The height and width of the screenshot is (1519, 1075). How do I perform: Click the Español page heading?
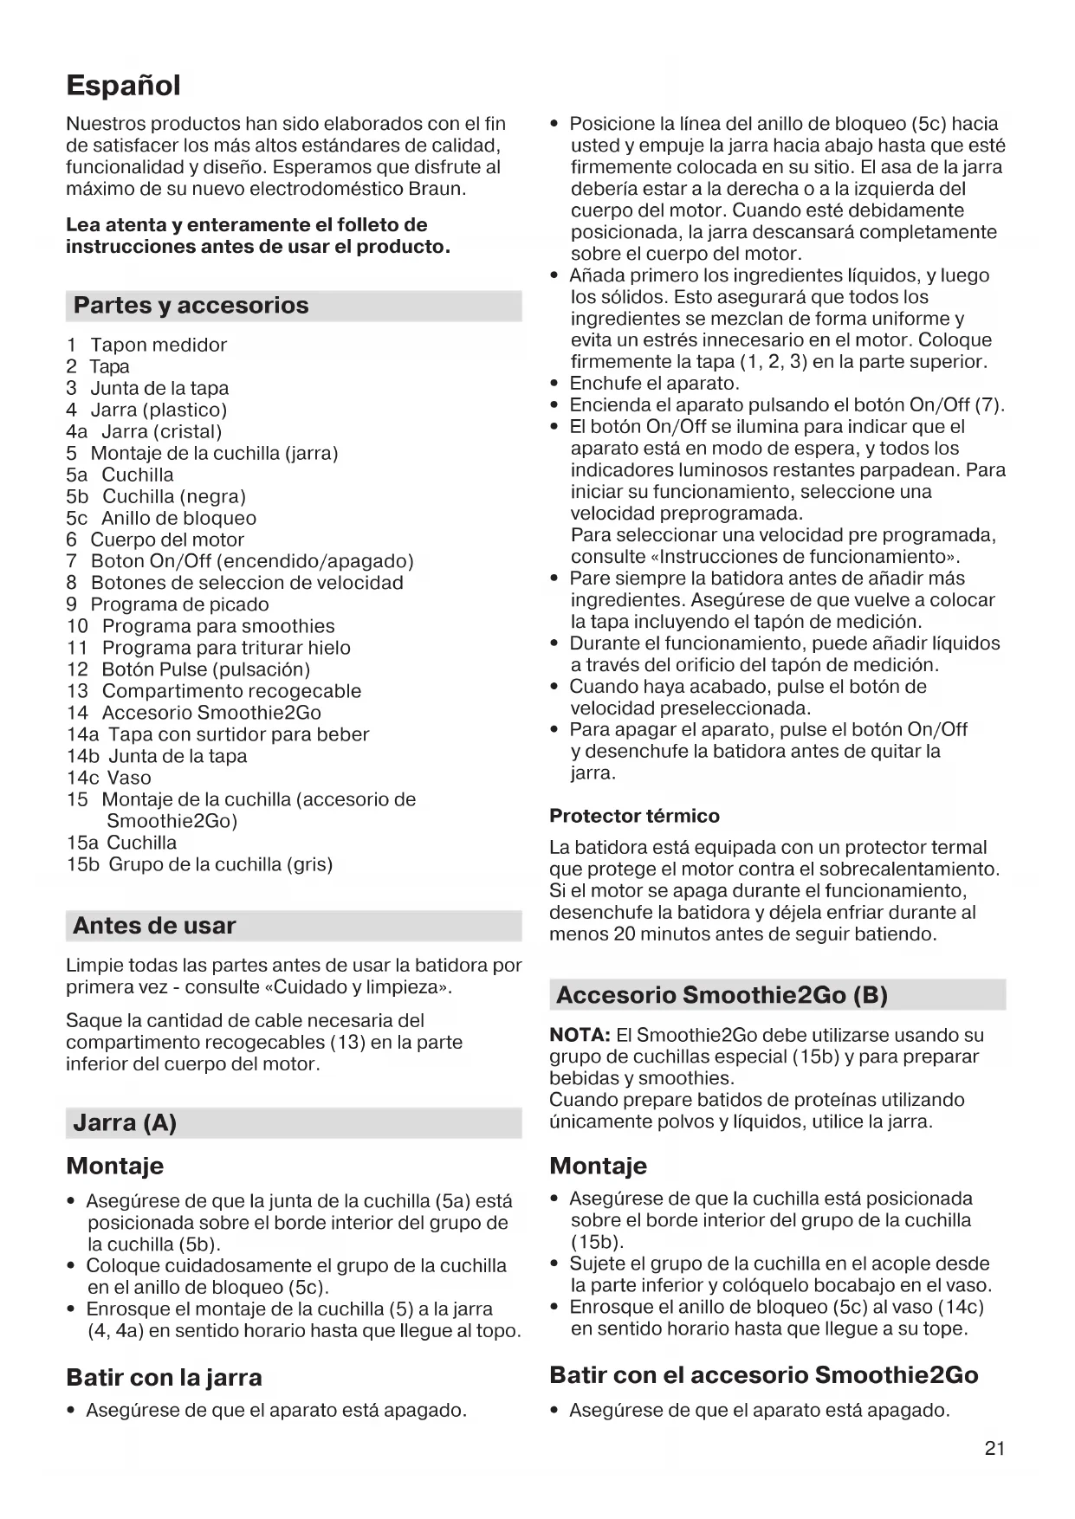pos(123,86)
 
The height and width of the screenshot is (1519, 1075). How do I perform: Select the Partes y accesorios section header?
pos(191,306)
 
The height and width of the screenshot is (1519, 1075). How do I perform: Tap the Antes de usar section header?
pos(154,926)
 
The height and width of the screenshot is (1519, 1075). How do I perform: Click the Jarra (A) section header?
pos(125,1123)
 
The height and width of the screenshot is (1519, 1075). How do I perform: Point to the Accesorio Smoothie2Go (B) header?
pos(722,995)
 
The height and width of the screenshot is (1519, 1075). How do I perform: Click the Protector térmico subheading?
pos(634,816)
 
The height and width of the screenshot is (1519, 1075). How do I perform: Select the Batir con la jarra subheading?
pos(164,1377)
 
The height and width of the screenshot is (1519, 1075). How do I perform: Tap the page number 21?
pos(994,1448)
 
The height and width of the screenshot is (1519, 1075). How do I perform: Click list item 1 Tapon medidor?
pos(146,345)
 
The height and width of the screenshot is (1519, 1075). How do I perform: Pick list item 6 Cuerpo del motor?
pos(155,540)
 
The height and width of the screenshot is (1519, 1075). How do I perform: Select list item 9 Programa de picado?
pos(167,604)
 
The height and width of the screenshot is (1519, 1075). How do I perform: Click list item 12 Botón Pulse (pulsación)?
pos(188,669)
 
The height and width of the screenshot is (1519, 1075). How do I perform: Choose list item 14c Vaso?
pos(109,778)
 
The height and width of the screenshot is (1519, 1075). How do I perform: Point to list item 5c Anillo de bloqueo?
pos(161,518)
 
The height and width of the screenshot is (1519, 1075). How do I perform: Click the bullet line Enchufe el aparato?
pos(654,384)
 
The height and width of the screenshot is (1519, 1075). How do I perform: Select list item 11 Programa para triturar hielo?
pos(209,648)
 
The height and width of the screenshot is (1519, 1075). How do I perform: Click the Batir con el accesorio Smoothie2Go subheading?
pos(763,1375)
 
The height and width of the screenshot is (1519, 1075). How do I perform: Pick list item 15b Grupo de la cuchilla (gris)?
pos(199,864)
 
